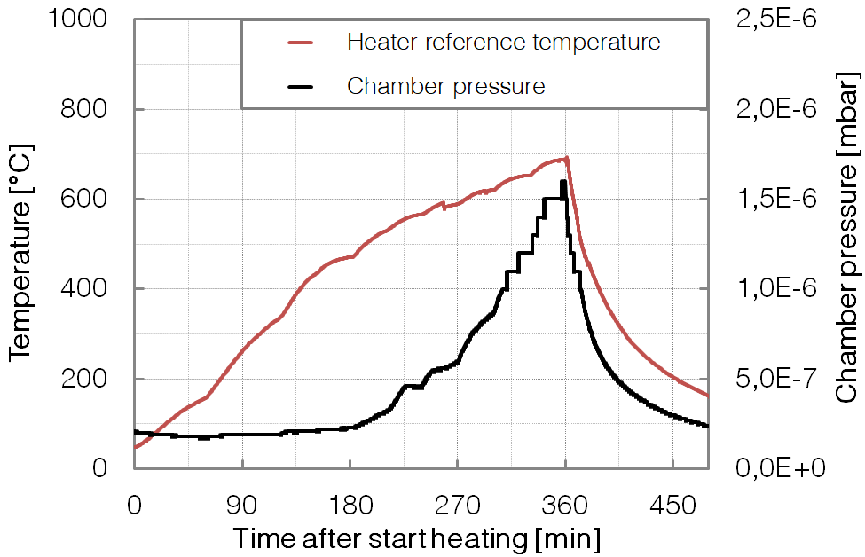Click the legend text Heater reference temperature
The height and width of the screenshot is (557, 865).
[x=503, y=42]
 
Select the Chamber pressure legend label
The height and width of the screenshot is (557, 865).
[x=445, y=86]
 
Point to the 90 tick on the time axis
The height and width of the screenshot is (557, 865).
[x=242, y=505]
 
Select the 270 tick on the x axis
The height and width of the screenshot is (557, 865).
[x=457, y=505]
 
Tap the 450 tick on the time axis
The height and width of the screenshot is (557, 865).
[x=672, y=505]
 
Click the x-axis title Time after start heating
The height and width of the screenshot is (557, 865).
[x=416, y=537]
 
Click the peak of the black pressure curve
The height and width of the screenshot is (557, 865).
[x=563, y=182]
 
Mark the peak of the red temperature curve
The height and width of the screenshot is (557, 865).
[x=566, y=159]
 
